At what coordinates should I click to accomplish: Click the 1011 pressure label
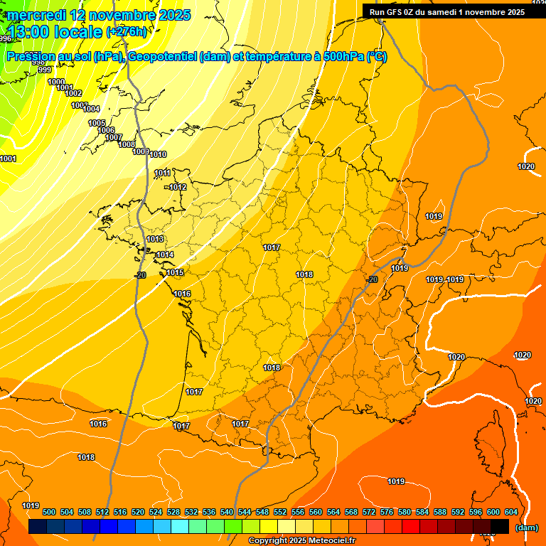point(163,173)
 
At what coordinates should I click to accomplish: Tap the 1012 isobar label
point(178,187)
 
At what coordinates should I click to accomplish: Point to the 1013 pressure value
point(156,239)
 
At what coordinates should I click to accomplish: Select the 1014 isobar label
point(165,255)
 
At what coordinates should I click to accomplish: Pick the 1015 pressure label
point(176,272)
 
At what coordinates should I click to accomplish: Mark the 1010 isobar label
point(158,154)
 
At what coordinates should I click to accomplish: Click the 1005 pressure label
point(97,123)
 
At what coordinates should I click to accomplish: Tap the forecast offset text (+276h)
point(127,31)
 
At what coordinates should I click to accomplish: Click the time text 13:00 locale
point(55,31)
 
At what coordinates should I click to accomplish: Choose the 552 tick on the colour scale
point(281,512)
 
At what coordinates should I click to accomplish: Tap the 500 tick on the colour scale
point(49,512)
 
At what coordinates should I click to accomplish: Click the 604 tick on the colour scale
point(511,512)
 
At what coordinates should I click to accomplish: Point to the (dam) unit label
point(526,528)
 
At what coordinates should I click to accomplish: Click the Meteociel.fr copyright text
point(301,541)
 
